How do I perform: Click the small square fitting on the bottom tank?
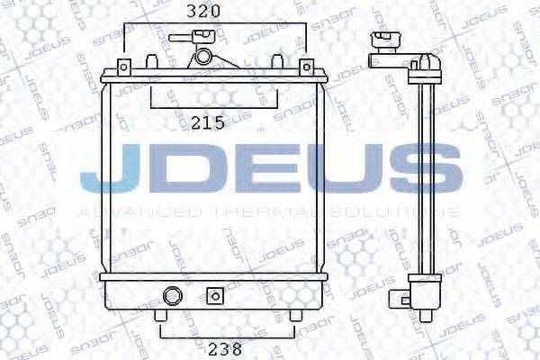click(x=214, y=294)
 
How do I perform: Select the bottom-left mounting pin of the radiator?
click(x=160, y=317)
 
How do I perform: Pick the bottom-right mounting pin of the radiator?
click(x=294, y=317)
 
